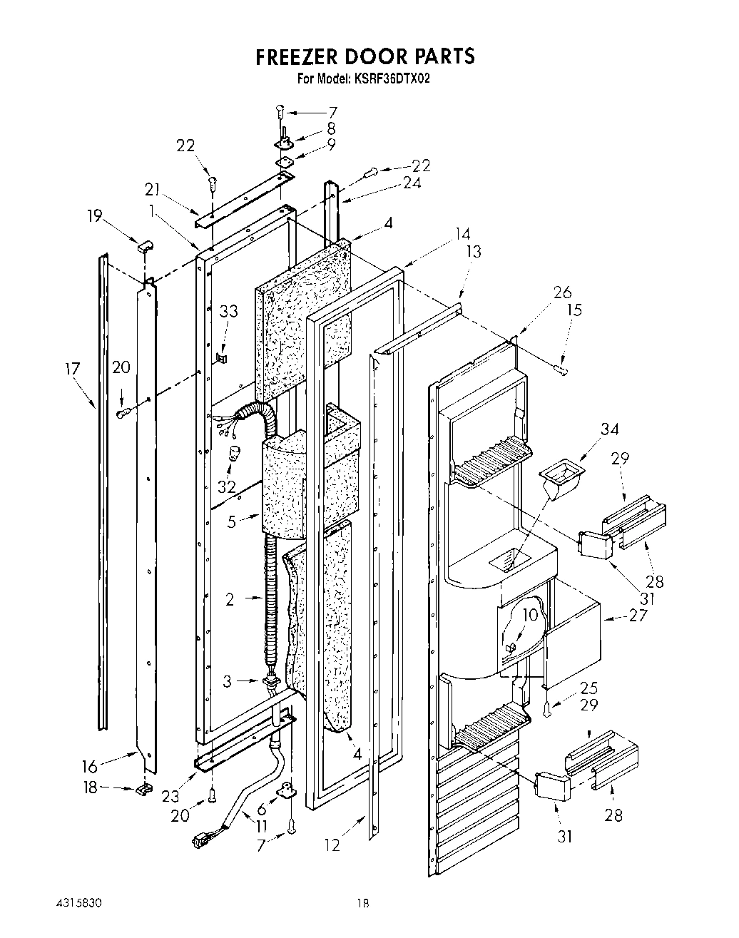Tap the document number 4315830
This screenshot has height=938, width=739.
coord(78,902)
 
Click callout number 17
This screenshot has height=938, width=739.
coord(72,369)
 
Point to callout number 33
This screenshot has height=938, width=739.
coord(228,312)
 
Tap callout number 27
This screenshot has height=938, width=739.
coord(637,615)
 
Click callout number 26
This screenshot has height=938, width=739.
coord(562,292)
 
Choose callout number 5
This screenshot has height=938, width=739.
coord(231,521)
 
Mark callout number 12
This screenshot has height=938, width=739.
coord(332,845)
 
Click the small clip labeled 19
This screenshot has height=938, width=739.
coord(145,246)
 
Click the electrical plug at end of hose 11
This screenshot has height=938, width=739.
coord(201,841)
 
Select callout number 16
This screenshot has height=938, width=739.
coord(89,767)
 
